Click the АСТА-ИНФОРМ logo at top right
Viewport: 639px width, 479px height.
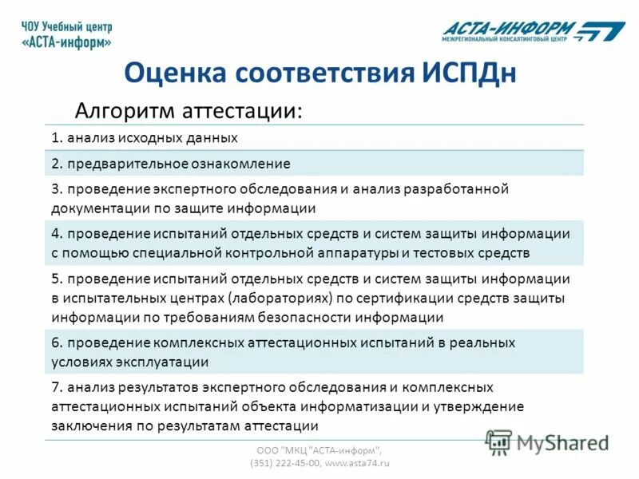pyautogui.click(x=534, y=30)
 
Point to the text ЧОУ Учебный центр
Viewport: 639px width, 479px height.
pyautogui.click(x=67, y=26)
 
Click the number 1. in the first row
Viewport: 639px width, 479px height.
pyautogui.click(x=57, y=137)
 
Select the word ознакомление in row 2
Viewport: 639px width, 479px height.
pyautogui.click(x=240, y=164)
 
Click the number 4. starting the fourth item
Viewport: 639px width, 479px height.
pyautogui.click(x=57, y=234)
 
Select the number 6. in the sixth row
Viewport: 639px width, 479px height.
pyautogui.click(x=57, y=342)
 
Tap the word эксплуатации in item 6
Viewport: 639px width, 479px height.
pyautogui.click(x=164, y=362)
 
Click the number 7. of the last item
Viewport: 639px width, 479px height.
pyautogui.click(x=57, y=387)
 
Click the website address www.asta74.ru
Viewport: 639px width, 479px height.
pyautogui.click(x=358, y=462)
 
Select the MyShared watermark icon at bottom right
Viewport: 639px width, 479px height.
pyautogui.click(x=499, y=441)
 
